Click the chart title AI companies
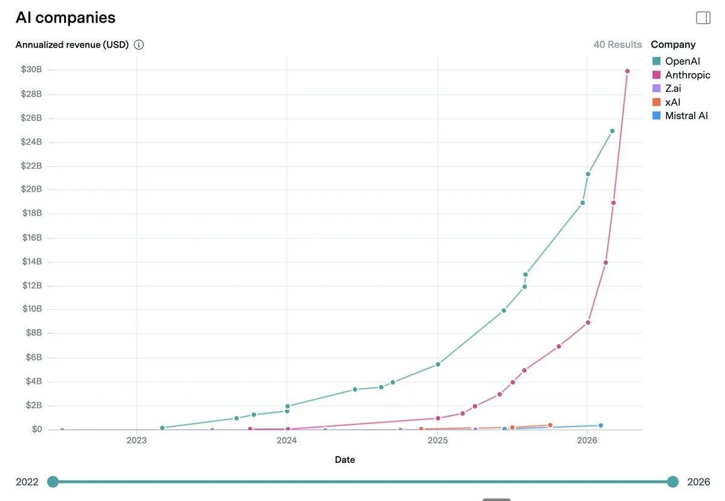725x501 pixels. point(65,18)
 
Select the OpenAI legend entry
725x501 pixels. point(682,61)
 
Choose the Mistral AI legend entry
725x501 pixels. point(686,116)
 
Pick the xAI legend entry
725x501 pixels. point(672,102)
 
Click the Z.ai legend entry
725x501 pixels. point(673,88)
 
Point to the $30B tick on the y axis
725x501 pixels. point(31,70)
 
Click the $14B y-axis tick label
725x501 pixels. point(31,261)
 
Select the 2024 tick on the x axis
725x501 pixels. point(287,440)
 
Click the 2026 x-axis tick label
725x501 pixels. point(587,440)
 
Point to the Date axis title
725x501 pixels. point(345,460)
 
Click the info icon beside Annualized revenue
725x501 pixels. point(139,45)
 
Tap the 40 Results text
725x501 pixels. point(617,45)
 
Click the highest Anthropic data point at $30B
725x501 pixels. point(627,71)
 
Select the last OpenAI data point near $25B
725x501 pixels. point(612,131)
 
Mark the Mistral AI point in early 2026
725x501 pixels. point(601,425)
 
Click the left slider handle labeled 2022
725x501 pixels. point(53,482)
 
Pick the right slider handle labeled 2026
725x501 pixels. point(673,482)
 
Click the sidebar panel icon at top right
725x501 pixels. point(703,18)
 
